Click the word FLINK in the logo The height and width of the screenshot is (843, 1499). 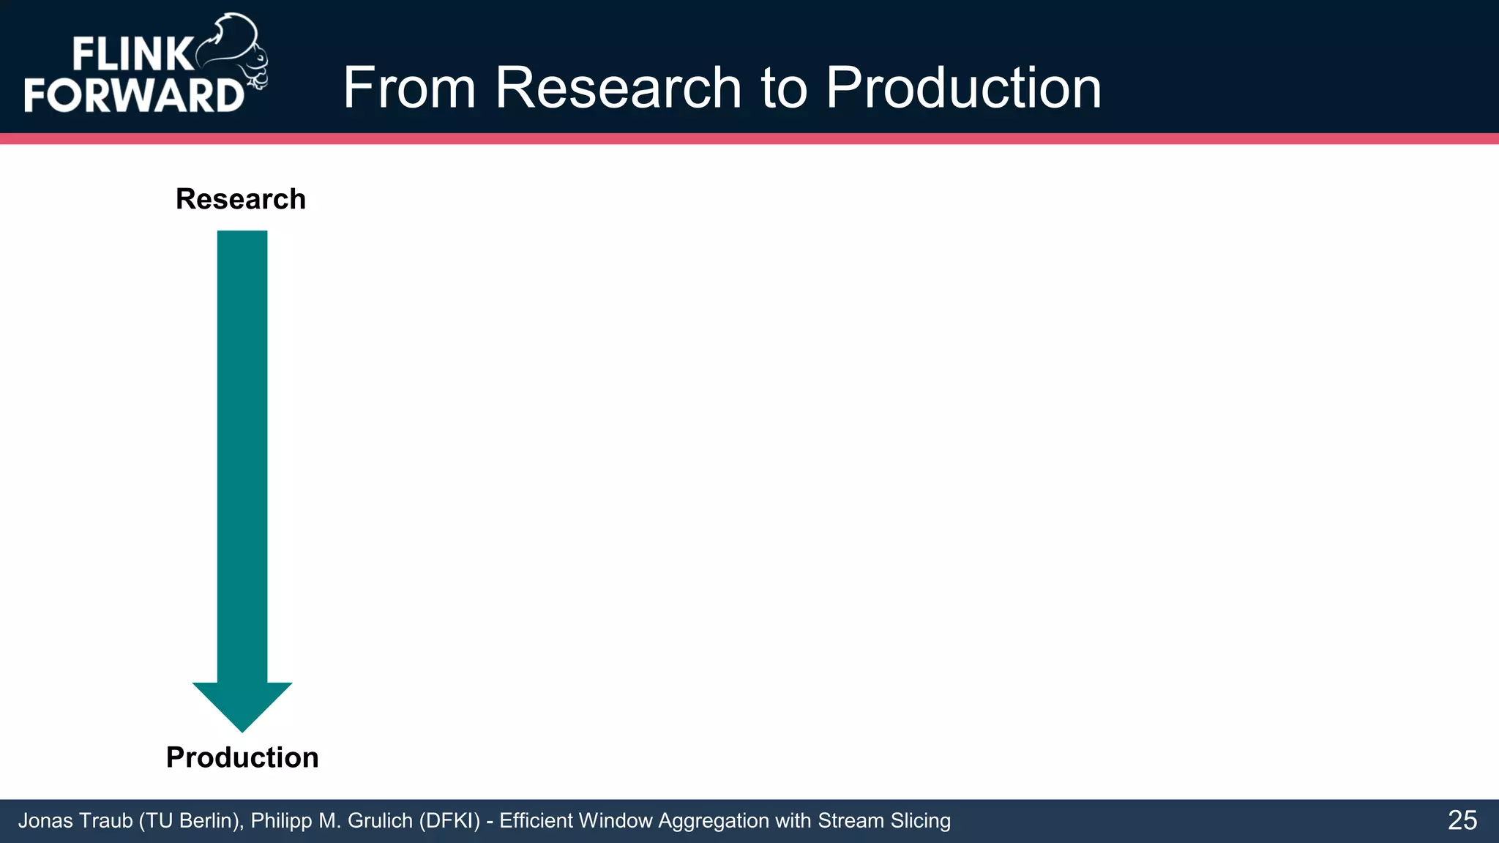click(132, 54)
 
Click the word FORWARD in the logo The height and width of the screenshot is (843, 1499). click(135, 95)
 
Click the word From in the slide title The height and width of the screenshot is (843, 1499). click(410, 88)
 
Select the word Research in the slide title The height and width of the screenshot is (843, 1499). click(618, 88)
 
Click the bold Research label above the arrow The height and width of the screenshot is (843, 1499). click(241, 199)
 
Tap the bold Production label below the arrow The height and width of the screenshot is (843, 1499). click(242, 757)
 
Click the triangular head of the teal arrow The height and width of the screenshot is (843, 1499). click(242, 704)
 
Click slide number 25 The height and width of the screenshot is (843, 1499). click(1462, 820)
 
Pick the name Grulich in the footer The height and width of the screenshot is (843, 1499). click(380, 821)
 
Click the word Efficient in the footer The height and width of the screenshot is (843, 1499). click(537, 821)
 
